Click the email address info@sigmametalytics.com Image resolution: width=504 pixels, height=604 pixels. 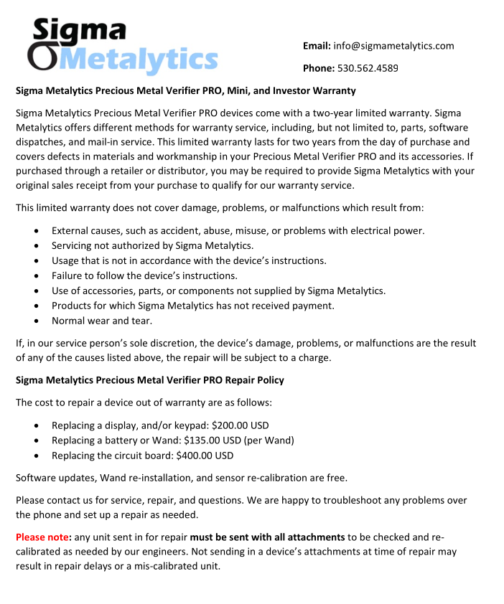pos(393,46)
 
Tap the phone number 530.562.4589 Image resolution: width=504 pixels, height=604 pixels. pos(368,68)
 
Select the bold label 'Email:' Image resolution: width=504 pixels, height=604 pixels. pos(317,46)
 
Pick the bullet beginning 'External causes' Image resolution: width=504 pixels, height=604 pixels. pos(238,230)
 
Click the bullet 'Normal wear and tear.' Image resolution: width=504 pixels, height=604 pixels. pos(102,321)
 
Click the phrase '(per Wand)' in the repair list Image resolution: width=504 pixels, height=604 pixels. pos(269,440)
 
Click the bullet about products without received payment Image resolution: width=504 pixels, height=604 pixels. pos(193,306)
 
